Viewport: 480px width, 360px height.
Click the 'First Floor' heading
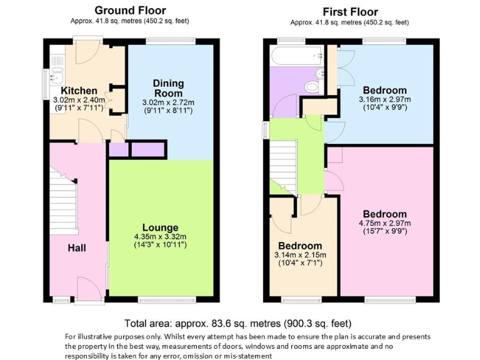(x=350, y=12)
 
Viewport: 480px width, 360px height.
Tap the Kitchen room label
(x=74, y=91)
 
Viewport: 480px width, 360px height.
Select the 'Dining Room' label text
(x=168, y=88)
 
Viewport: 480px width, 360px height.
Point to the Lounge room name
(x=160, y=227)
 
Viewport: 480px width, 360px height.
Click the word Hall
(x=77, y=248)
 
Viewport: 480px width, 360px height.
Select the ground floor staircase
(x=62, y=200)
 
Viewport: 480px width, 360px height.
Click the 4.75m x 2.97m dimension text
(x=384, y=224)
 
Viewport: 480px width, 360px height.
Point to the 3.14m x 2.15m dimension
(x=300, y=254)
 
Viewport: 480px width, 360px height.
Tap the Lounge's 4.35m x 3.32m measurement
(x=160, y=237)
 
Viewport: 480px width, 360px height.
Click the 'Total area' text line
(x=238, y=324)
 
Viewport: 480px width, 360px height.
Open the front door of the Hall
(x=86, y=289)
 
